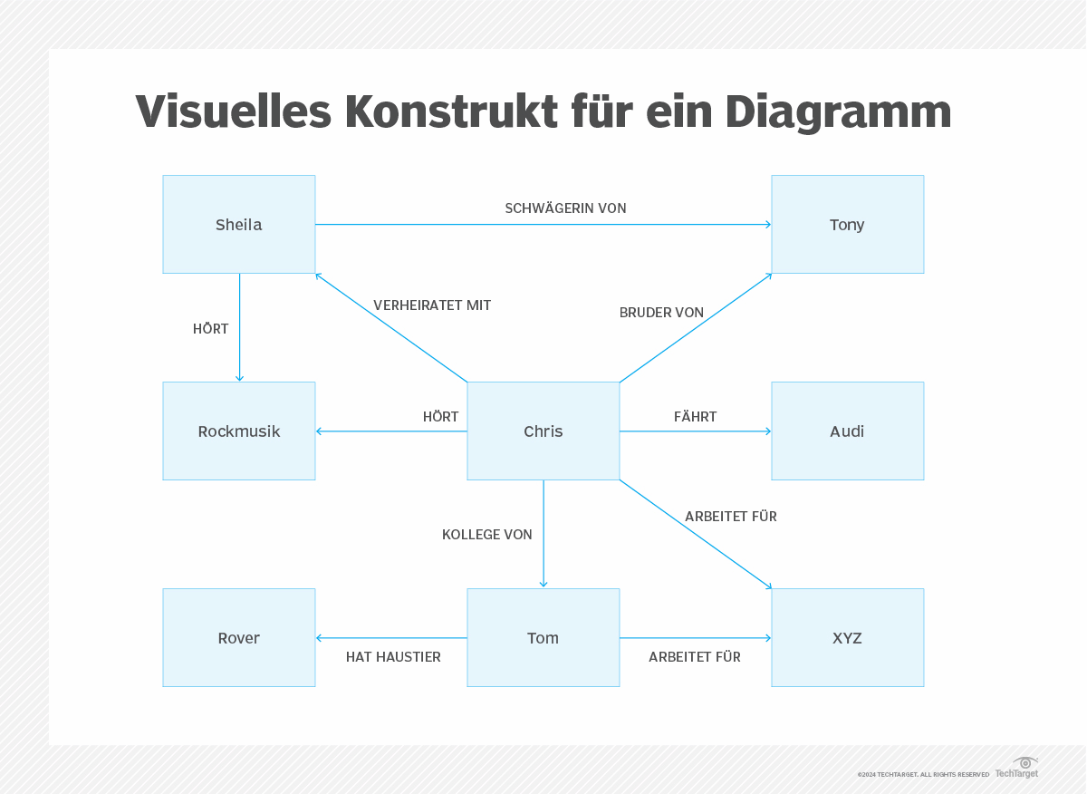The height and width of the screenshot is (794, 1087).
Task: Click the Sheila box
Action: (239, 225)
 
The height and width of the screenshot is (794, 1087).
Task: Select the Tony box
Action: (847, 225)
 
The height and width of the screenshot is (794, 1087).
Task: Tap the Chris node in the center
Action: (543, 431)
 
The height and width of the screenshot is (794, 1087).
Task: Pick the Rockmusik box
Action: (239, 431)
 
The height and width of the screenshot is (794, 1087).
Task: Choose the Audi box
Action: (847, 431)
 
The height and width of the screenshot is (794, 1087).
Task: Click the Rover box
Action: (239, 638)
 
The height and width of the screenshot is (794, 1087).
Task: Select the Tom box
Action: (543, 638)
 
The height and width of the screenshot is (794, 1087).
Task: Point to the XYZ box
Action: (847, 638)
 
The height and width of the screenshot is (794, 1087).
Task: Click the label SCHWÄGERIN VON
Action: (565, 208)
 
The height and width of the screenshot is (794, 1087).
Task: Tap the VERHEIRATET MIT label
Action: (432, 305)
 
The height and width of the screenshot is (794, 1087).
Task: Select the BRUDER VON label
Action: (661, 313)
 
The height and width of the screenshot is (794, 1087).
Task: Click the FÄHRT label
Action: (695, 417)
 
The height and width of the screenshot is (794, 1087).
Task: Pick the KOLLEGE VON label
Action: (486, 535)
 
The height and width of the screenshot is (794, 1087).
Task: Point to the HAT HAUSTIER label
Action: (393, 657)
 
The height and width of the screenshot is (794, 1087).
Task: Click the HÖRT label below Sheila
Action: (210, 329)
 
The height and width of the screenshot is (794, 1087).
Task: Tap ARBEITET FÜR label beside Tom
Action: (694, 657)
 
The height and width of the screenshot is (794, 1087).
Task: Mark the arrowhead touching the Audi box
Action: (767, 431)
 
